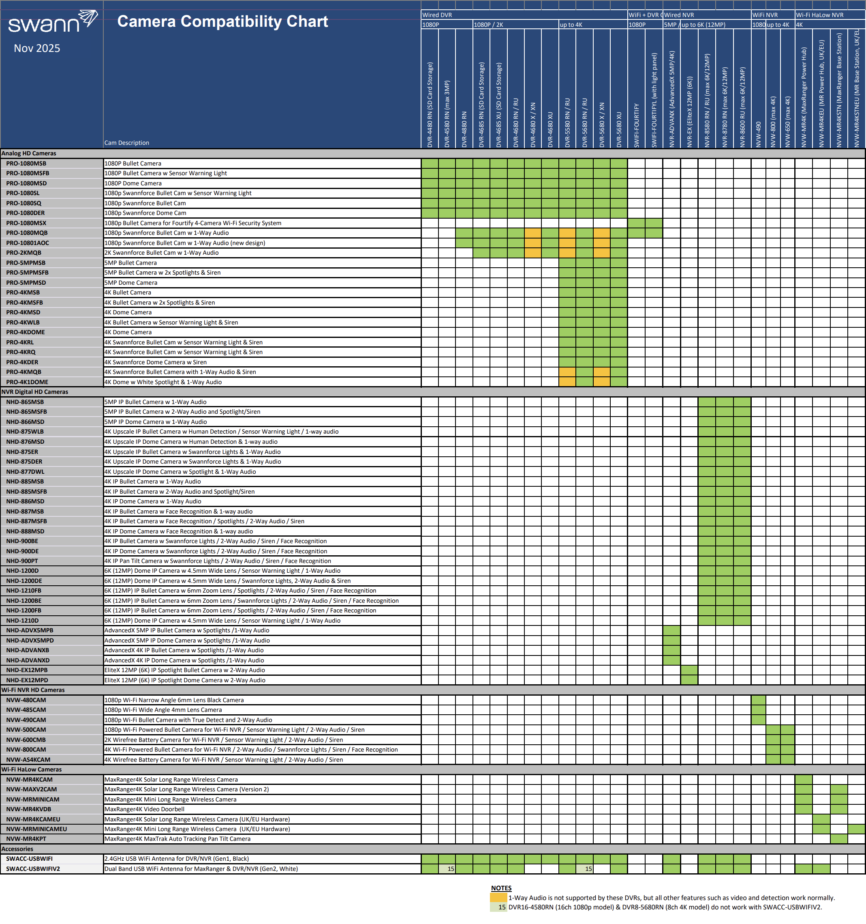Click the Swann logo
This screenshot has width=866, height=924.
(x=52, y=22)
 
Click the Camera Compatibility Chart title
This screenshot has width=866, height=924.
(x=222, y=21)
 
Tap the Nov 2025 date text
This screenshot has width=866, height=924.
(x=37, y=48)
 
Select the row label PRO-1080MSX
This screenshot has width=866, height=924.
(x=26, y=223)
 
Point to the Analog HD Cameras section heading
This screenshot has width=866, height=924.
(x=29, y=153)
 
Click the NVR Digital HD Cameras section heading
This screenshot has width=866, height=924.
(x=35, y=392)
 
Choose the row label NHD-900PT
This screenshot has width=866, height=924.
(x=22, y=561)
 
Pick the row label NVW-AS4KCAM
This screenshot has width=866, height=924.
(x=28, y=759)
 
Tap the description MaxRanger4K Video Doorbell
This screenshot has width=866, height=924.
(x=144, y=809)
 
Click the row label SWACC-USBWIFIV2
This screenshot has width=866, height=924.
(x=33, y=869)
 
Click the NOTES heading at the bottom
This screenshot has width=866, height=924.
(x=501, y=888)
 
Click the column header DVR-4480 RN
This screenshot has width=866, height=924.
(x=430, y=105)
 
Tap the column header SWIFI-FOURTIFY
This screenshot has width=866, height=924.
(x=636, y=125)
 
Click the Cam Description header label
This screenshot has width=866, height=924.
(x=127, y=143)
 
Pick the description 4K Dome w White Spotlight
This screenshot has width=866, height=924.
(x=163, y=382)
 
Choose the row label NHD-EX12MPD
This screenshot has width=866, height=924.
(x=27, y=680)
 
